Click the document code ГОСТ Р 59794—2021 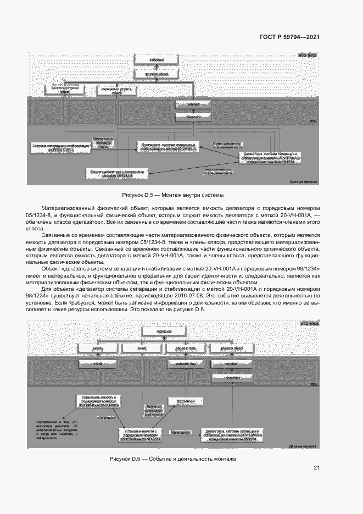point(289,37)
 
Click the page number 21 point(316,468)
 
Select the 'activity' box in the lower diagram point(98,348)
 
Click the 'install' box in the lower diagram point(98,363)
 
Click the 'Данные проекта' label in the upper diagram point(303,181)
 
